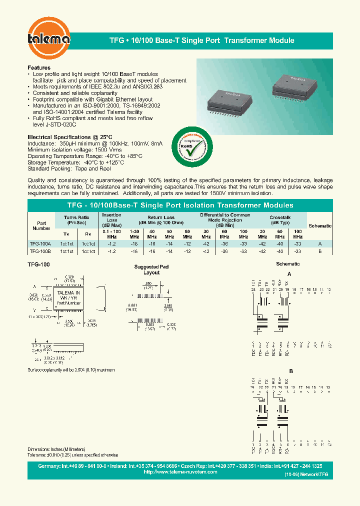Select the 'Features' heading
tap(39, 67)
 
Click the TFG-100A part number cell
tap(41, 243)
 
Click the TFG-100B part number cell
tap(41, 251)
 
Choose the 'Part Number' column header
tap(41, 225)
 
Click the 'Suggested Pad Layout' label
tap(151, 270)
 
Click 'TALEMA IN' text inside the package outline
tap(68, 292)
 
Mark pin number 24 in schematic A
tap(253, 289)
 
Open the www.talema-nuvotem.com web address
tap(180, 471)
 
